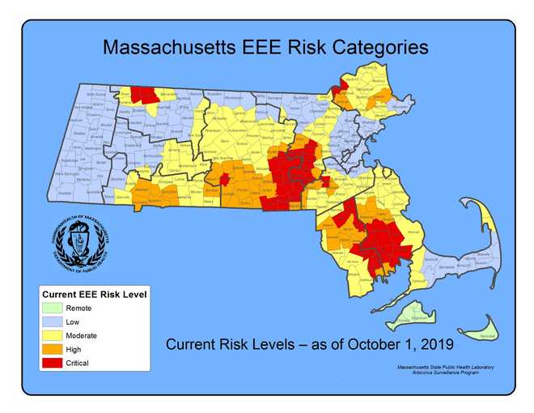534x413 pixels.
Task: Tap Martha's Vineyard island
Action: (414, 315)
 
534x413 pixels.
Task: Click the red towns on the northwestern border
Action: (146, 94)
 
